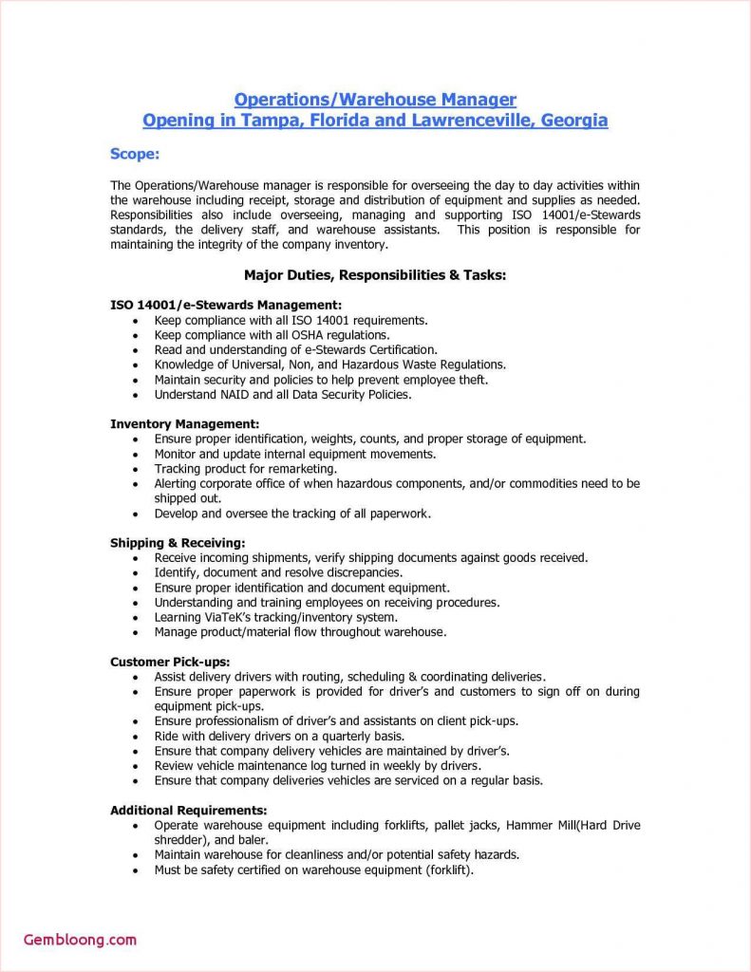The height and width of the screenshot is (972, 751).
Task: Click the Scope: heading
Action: [x=135, y=154]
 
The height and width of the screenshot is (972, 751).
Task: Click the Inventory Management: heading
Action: [x=184, y=423]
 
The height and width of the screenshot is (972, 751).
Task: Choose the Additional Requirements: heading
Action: [x=188, y=810]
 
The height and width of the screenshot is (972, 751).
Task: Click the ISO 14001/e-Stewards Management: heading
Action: [x=225, y=305]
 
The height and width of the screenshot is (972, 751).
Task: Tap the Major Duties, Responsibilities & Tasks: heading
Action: [x=375, y=275]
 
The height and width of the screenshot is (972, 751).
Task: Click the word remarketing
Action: [x=298, y=469]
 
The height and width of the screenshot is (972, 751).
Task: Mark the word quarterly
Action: [x=338, y=736]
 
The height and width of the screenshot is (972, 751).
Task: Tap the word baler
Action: [x=253, y=840]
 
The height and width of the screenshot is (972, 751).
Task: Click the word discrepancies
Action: [x=359, y=572]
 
